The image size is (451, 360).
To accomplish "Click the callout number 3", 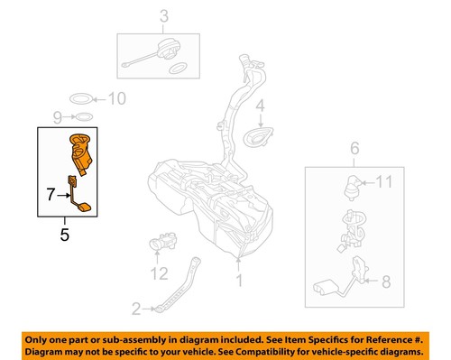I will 164,15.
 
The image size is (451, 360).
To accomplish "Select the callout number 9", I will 57,117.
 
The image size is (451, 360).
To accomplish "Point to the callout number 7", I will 51,192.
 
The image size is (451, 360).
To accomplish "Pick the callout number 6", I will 354,149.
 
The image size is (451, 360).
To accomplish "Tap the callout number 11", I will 384,182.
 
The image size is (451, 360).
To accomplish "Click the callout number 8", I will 385,282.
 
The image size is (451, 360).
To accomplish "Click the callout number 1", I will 239,281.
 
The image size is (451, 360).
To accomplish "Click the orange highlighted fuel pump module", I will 81,153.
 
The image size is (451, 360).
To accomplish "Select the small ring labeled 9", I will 81,117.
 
